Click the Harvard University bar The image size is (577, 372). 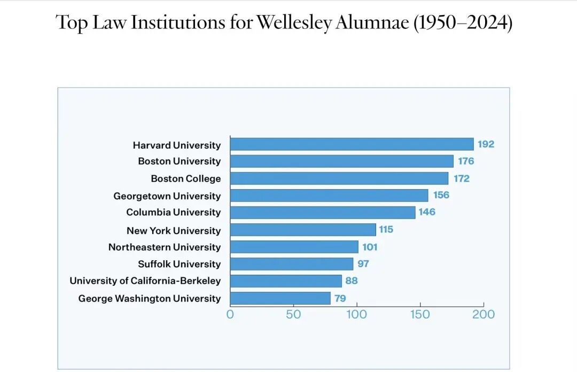tap(352, 144)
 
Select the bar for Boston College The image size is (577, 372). tap(339, 179)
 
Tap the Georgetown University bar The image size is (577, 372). tap(329, 196)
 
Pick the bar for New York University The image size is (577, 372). tap(303, 230)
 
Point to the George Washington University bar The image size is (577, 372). tap(280, 298)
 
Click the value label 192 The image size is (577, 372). tap(486, 144)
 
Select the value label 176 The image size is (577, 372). tap(465, 161)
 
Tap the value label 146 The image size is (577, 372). tap(427, 212)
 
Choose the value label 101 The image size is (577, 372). tap(370, 247)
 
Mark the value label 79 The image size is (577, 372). tap(340, 298)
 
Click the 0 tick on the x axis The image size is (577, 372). tap(230, 314)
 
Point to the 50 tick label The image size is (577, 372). tap(293, 314)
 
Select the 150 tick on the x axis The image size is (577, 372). tap(420, 314)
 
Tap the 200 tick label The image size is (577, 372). tap(484, 314)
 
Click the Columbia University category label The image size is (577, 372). tap(173, 212)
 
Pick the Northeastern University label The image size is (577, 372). tap(164, 247)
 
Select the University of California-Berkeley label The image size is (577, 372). tap(145, 281)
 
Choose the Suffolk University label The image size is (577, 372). tap(179, 264)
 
